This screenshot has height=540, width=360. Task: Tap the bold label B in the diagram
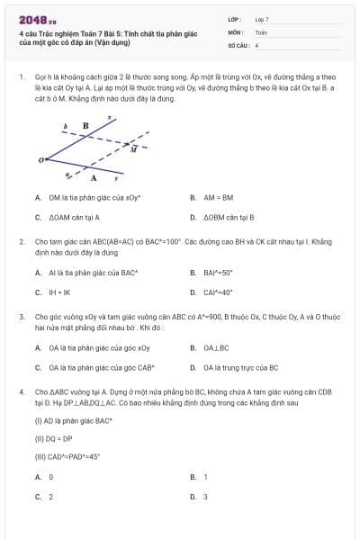click(x=85, y=126)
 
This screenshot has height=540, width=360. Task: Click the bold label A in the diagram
click(x=94, y=178)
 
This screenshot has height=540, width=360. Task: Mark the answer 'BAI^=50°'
click(x=218, y=272)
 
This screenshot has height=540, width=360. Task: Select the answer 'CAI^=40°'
click(x=218, y=292)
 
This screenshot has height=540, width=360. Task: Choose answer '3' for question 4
click(x=205, y=497)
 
